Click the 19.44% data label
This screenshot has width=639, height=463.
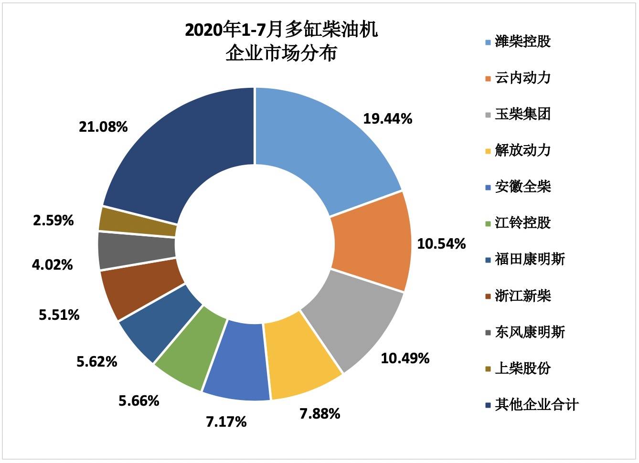tap(387, 119)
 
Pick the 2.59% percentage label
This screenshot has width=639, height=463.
tap(53, 221)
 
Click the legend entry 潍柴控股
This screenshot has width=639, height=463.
tap(522, 42)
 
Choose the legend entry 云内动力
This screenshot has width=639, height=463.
tap(522, 78)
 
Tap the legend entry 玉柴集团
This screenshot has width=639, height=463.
tap(522, 114)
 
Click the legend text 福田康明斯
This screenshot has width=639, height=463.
tap(530, 259)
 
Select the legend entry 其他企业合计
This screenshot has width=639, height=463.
tap(536, 405)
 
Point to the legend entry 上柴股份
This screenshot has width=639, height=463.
tap(522, 368)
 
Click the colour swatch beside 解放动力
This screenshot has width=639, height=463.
tap(488, 151)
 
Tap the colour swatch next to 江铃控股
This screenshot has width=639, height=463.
tap(488, 224)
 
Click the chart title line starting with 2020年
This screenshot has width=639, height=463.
tap(281, 30)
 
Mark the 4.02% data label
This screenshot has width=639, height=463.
tap(53, 264)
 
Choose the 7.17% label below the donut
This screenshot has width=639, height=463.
tap(226, 422)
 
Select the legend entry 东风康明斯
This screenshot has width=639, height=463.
tap(530, 332)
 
